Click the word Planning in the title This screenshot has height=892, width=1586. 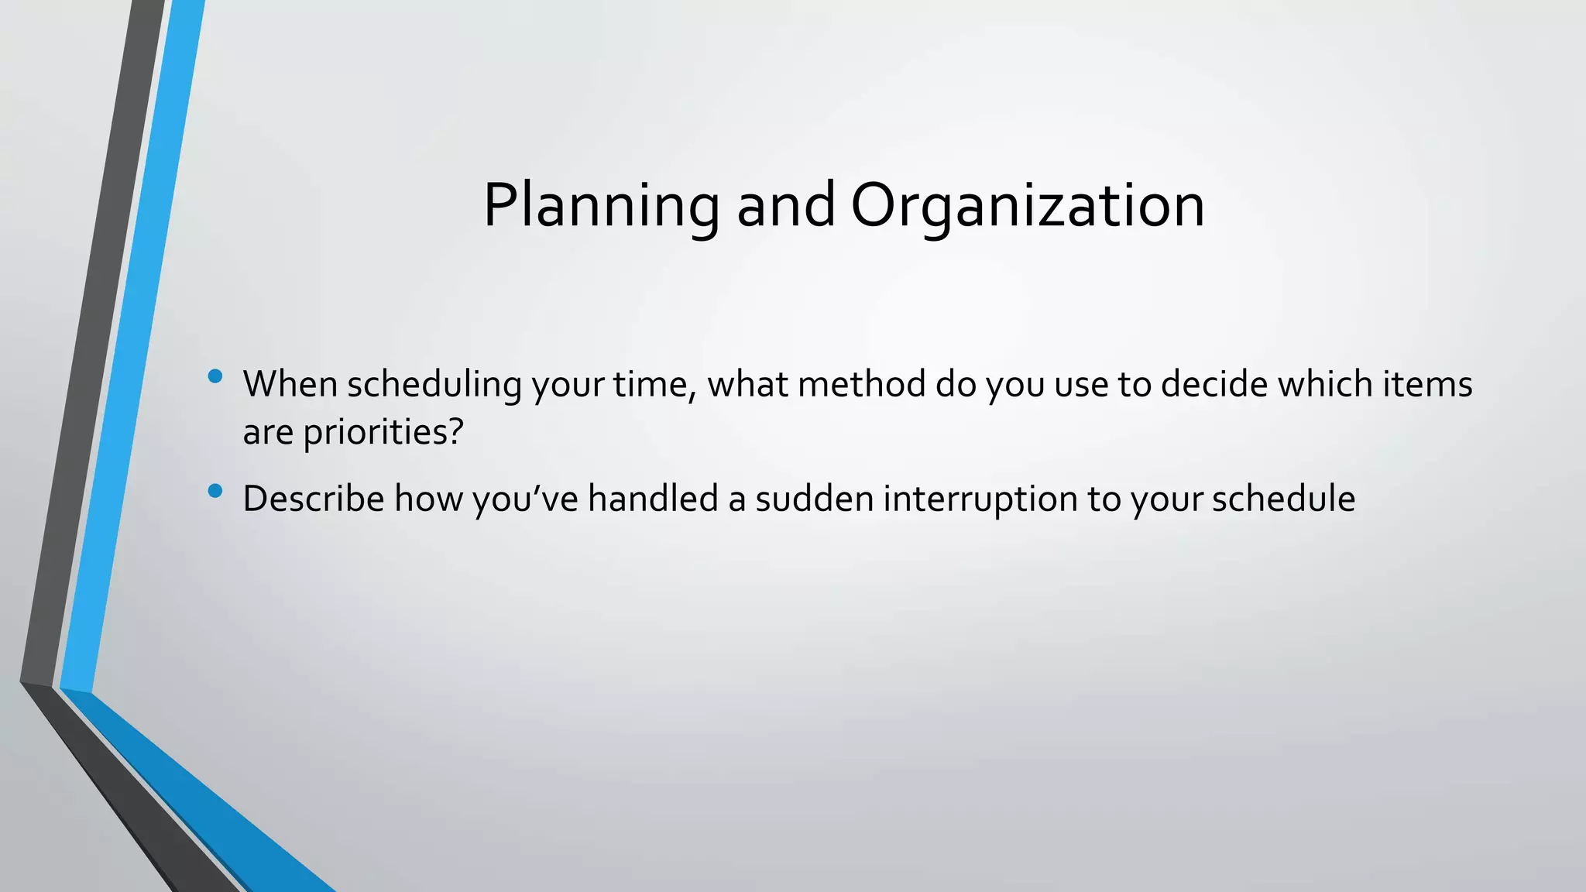pos(601,206)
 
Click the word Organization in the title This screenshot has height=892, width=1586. pos(1028,206)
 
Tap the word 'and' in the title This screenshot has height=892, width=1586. pos(785,206)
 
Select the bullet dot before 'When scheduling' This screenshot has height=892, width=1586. pos(215,377)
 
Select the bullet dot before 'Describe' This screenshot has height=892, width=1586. pos(215,491)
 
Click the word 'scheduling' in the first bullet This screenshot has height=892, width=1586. pos(434,385)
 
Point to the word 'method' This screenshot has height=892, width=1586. pos(861,385)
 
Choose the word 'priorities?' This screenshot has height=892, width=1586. pos(383,432)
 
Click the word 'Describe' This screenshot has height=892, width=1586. pos(314,499)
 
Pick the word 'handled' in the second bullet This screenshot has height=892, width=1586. pos(653,499)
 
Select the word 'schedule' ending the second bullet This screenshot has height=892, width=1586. pos(1283,499)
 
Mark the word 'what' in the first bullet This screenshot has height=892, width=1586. pos(747,385)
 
